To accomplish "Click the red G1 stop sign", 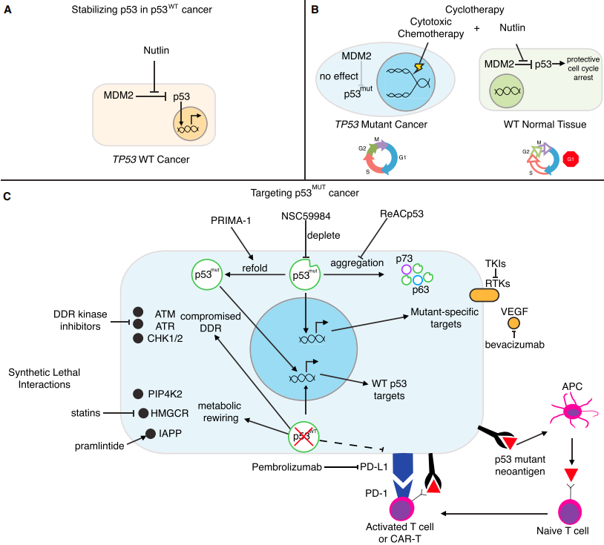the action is pos(571,159).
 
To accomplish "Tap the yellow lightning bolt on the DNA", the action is pos(418,67).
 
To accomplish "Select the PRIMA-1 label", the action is pos(231,220).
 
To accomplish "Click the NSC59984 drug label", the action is pos(306,216).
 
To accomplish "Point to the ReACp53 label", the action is pos(401,214).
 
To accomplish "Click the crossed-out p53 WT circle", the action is pos(303,437).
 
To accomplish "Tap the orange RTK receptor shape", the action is pos(485,295).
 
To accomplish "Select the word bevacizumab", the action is pos(515,345).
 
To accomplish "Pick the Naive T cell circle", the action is pos(570,512).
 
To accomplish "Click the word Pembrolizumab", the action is pos(286,467).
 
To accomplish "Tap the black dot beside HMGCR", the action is pos(143,413).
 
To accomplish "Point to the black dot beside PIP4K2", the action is pos(138,394).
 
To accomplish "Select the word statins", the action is pos(85,413).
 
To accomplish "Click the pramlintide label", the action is pos(99,446).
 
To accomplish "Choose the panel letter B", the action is pos(315,10).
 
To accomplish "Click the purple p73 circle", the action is pos(407,269).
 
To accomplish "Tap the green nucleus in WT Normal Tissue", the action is pos(506,90).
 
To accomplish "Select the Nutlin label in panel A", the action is pos(156,50).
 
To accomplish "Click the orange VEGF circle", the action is pos(514,323).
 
